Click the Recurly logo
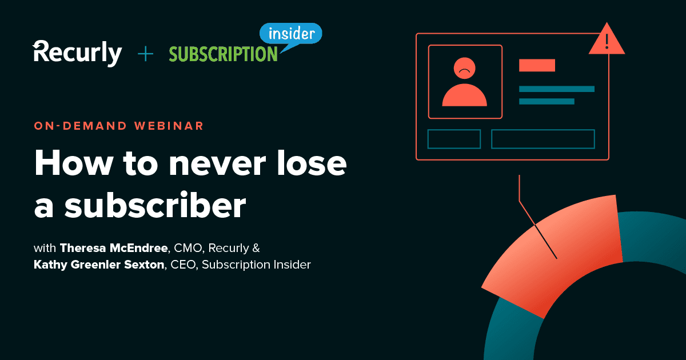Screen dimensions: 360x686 77,53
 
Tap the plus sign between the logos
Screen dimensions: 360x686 146,54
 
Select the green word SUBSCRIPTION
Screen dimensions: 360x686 223,54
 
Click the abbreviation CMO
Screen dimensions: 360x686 190,249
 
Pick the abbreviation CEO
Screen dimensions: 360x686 183,265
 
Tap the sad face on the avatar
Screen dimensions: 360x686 465,69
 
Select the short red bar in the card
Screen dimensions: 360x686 537,65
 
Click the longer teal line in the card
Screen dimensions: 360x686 556,89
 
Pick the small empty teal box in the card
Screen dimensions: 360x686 454,139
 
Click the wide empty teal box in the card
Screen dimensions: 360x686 543,139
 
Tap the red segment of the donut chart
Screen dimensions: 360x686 560,251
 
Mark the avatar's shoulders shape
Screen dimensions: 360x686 465,95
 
